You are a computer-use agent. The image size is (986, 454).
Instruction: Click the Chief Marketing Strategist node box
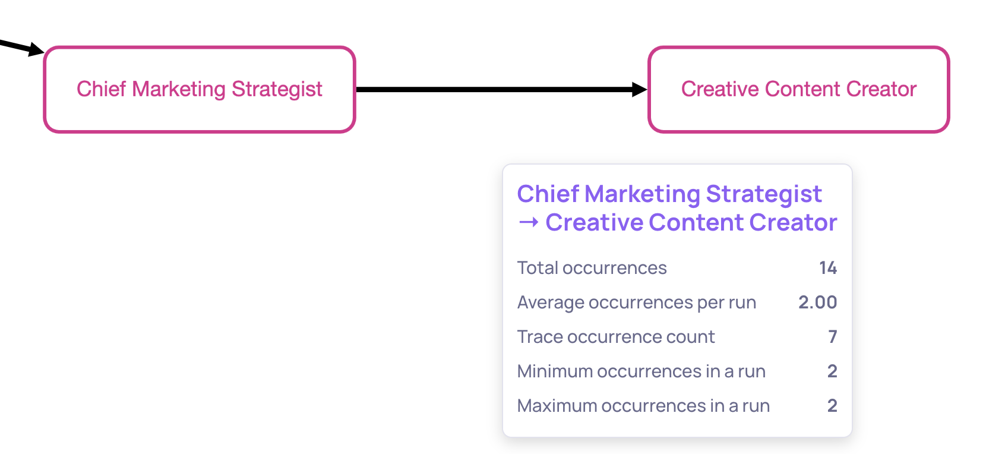point(200,89)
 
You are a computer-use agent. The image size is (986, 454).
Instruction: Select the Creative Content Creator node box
point(798,89)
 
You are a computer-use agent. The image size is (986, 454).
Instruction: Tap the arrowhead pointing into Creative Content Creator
point(639,89)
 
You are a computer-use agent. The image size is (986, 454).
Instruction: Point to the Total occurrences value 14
point(827,268)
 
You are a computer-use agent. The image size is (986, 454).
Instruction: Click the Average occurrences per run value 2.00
point(817,302)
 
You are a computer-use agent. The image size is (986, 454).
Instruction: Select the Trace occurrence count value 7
point(832,337)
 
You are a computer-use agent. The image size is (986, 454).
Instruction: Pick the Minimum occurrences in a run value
point(832,371)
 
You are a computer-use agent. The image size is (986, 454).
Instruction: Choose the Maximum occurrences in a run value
point(832,405)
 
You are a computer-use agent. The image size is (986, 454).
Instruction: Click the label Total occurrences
point(592,268)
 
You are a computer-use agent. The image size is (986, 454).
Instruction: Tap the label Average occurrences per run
point(637,302)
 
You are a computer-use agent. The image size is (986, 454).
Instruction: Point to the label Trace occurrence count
point(616,337)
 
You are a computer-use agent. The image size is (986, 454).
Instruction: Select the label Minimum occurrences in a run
point(641,371)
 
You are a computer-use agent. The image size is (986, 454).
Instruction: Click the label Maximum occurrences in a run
point(643,405)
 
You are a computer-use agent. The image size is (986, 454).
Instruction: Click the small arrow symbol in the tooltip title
point(528,222)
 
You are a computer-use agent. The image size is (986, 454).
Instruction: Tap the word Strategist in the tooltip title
point(764,194)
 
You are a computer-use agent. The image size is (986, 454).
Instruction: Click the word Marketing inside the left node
point(179,90)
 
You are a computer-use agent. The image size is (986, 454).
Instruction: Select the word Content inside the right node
point(802,89)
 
